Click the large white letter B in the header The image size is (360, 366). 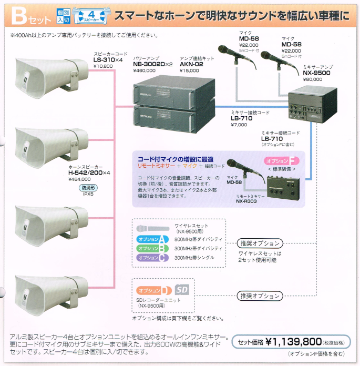pos(19,16)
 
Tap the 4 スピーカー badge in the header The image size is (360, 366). pos(91,15)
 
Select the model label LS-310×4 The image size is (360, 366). pos(108,60)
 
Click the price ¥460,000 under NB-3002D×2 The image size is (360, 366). pos(144,70)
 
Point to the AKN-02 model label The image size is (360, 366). pos(191,64)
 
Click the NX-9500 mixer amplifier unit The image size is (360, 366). pos(313,104)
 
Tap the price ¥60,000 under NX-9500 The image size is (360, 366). pos(312,79)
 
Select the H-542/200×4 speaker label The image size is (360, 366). pos(89,172)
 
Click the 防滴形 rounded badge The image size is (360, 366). pos(88,188)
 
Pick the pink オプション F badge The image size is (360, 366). pos(282,161)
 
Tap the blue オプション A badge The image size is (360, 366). pos(152,239)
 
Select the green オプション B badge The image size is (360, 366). pos(152,248)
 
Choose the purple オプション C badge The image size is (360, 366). pos(152,258)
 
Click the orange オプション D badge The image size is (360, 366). pos(154,291)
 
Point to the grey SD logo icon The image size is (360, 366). pos(182,290)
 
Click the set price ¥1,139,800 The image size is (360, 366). pos(293,342)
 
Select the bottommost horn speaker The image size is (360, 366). pos(52,295)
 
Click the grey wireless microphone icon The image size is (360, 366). pos(153,229)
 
